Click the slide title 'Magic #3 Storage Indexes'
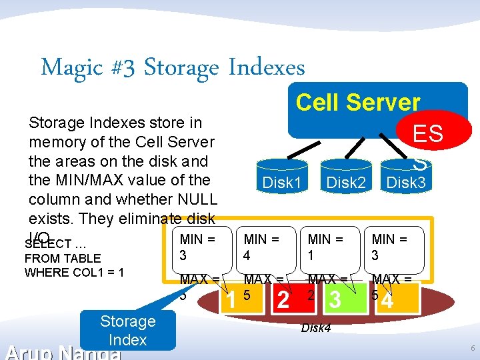tap(173, 67)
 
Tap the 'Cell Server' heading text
tap(358, 103)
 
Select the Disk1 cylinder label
tap(282, 182)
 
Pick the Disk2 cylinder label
tap(346, 182)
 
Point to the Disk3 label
tap(406, 182)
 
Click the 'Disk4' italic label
tap(317, 327)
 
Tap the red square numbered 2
tap(283, 300)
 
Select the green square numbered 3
tap(335, 300)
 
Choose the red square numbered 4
tap(387, 300)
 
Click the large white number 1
tap(231, 301)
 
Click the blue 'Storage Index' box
tap(127, 331)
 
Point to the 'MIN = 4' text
tap(261, 246)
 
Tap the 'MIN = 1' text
tap(325, 246)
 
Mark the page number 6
tap(472, 349)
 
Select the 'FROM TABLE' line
tap(62, 258)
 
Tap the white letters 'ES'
tap(428, 133)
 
